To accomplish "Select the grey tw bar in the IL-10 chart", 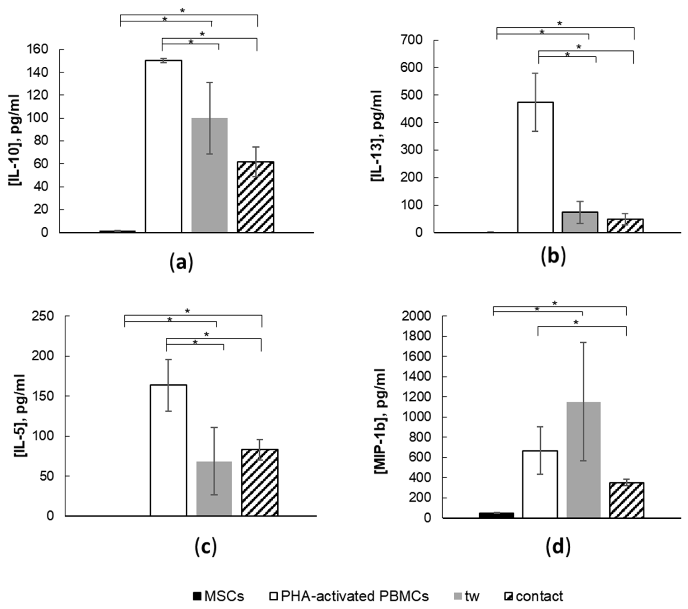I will tap(209, 175).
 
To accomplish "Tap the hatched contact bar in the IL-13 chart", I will tap(625, 226).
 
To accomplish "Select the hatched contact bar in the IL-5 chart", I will tap(260, 482).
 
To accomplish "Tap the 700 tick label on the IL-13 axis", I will tap(411, 40).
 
